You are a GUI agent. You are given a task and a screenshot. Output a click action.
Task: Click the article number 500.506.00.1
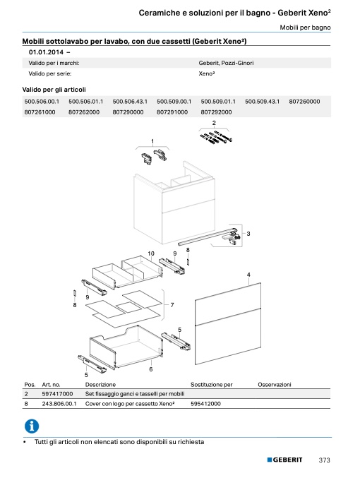pyautogui.click(x=42, y=102)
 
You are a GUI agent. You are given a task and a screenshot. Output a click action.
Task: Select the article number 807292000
pyautogui.click(x=216, y=112)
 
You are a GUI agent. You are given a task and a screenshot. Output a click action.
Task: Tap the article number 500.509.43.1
pyautogui.click(x=262, y=102)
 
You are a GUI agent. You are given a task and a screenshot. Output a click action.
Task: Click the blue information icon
pyautogui.click(x=32, y=426)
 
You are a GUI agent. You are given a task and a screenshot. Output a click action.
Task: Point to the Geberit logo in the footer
pyautogui.click(x=284, y=460)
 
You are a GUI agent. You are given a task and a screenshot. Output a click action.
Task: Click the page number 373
pyautogui.click(x=324, y=460)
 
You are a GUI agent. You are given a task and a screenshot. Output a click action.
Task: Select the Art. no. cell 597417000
pyautogui.click(x=57, y=394)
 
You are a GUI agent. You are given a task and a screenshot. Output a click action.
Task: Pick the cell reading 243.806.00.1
pyautogui.click(x=59, y=404)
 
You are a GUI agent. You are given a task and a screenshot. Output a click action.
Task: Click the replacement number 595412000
pyautogui.click(x=205, y=404)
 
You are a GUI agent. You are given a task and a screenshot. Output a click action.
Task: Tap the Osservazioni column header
pyautogui.click(x=275, y=385)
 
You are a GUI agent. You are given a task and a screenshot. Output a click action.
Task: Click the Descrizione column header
pyautogui.click(x=100, y=385)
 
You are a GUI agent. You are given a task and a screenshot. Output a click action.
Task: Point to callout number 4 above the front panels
pyautogui.click(x=248, y=275)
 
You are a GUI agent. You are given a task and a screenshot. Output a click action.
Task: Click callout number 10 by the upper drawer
pyautogui.click(x=151, y=253)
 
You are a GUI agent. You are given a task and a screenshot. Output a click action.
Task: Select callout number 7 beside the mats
pyautogui.click(x=172, y=305)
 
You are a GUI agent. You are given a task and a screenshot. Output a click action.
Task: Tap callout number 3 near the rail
pyautogui.click(x=248, y=234)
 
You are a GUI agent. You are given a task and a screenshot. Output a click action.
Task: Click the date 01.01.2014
pyautogui.click(x=46, y=52)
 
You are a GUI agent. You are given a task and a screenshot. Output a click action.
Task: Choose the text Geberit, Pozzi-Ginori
pyautogui.click(x=226, y=63)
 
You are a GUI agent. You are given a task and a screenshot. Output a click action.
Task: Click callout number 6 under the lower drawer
pyautogui.click(x=151, y=369)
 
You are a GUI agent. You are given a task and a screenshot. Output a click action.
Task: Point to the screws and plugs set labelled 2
pyautogui.click(x=217, y=137)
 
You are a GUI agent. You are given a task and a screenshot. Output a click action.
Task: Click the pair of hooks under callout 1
pyautogui.click(x=154, y=157)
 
